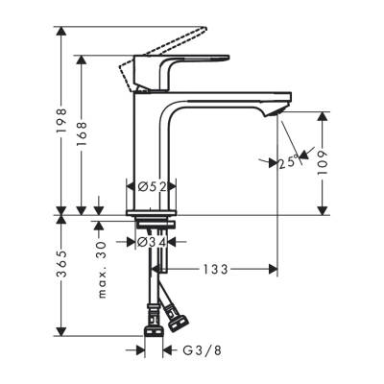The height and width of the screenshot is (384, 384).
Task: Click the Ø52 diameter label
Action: coord(152,188)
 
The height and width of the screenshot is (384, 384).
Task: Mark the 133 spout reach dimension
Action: coord(215,271)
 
